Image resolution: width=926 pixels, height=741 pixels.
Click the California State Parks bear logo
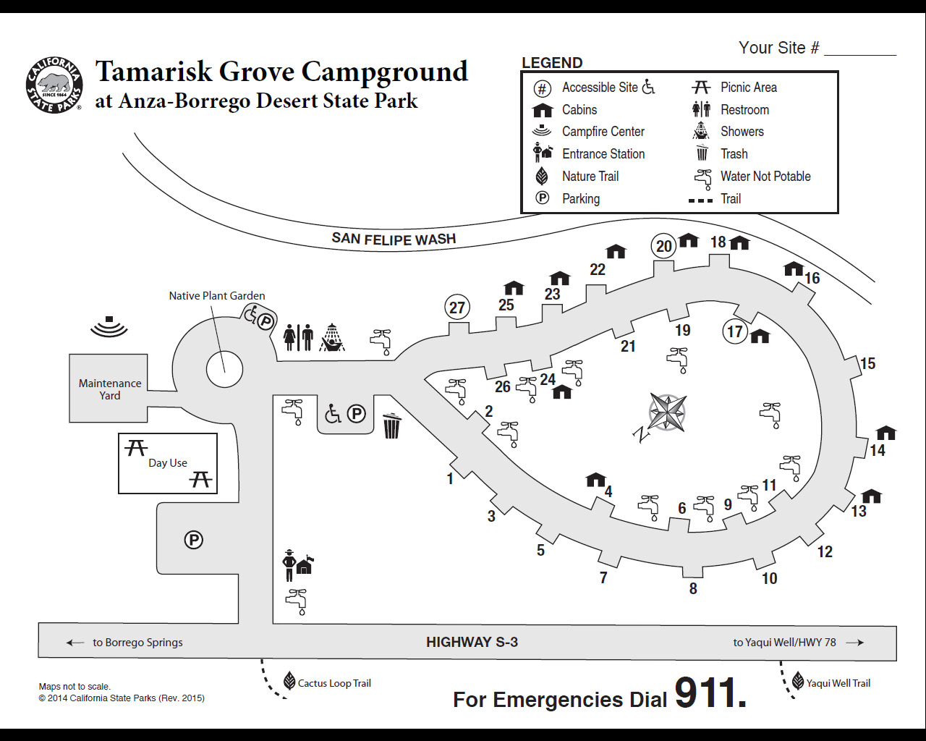click(x=54, y=85)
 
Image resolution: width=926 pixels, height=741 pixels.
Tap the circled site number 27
click(x=457, y=308)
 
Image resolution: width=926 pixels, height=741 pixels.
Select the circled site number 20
click(x=664, y=246)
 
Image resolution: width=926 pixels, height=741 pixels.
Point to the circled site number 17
click(x=735, y=331)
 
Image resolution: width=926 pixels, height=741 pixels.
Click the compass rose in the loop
click(x=667, y=412)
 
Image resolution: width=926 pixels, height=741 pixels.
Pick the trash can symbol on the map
click(x=391, y=425)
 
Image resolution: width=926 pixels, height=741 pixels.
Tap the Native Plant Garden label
click(x=216, y=295)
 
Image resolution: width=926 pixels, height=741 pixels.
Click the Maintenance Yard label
click(x=110, y=389)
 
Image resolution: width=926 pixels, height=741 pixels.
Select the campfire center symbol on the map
click(x=109, y=326)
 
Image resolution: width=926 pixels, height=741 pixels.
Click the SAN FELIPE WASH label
click(x=394, y=239)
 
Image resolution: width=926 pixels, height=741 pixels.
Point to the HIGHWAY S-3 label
click(x=472, y=642)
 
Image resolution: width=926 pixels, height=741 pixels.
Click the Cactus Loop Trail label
click(x=334, y=683)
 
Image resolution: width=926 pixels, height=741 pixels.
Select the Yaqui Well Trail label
click(x=838, y=683)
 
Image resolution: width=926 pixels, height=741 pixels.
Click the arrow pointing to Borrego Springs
click(x=75, y=643)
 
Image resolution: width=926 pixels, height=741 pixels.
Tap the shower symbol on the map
click(x=332, y=337)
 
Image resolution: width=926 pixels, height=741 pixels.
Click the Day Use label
click(x=168, y=463)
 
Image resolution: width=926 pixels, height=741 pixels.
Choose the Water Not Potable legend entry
click(x=765, y=177)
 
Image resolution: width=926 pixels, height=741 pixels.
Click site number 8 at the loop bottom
click(x=693, y=588)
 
